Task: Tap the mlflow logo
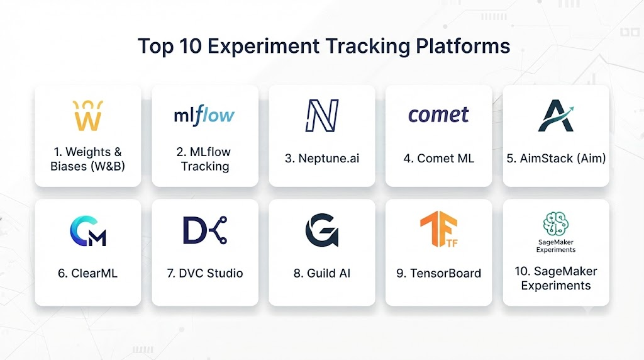[x=204, y=115]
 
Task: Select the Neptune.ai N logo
[x=322, y=115]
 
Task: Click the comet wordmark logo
[x=438, y=115]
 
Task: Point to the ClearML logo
[x=88, y=231]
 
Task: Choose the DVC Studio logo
[x=204, y=230]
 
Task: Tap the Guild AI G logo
[x=321, y=230]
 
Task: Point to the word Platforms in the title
[x=463, y=45]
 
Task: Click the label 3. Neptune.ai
[x=322, y=158]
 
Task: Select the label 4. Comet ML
[x=438, y=158]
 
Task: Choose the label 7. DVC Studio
[x=205, y=273]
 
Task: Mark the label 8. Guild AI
[x=322, y=273]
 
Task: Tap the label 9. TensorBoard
[x=438, y=273]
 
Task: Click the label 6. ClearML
[x=88, y=273]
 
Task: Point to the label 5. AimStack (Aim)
[x=556, y=158]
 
